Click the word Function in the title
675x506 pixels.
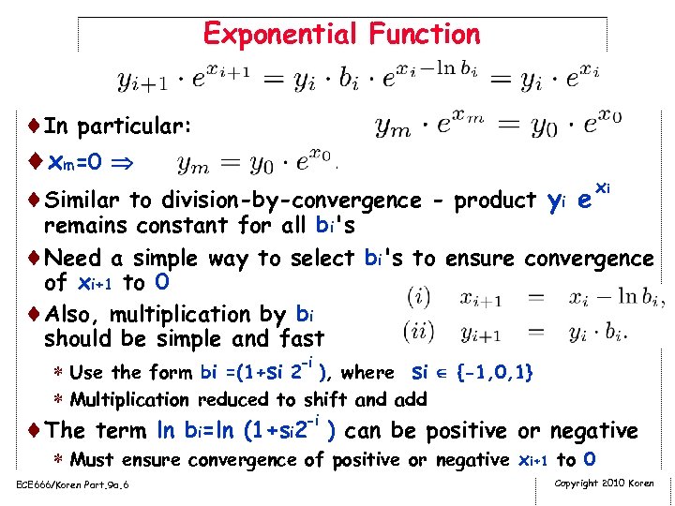pyautogui.click(x=425, y=35)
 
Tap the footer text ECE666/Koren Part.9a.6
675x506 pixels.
pyautogui.click(x=72, y=484)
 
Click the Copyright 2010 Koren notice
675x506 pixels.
pyautogui.click(x=605, y=483)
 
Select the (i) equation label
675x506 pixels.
pyautogui.click(x=418, y=299)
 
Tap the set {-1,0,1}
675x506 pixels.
pyautogui.click(x=494, y=373)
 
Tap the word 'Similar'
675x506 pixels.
pyautogui.click(x=83, y=201)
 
